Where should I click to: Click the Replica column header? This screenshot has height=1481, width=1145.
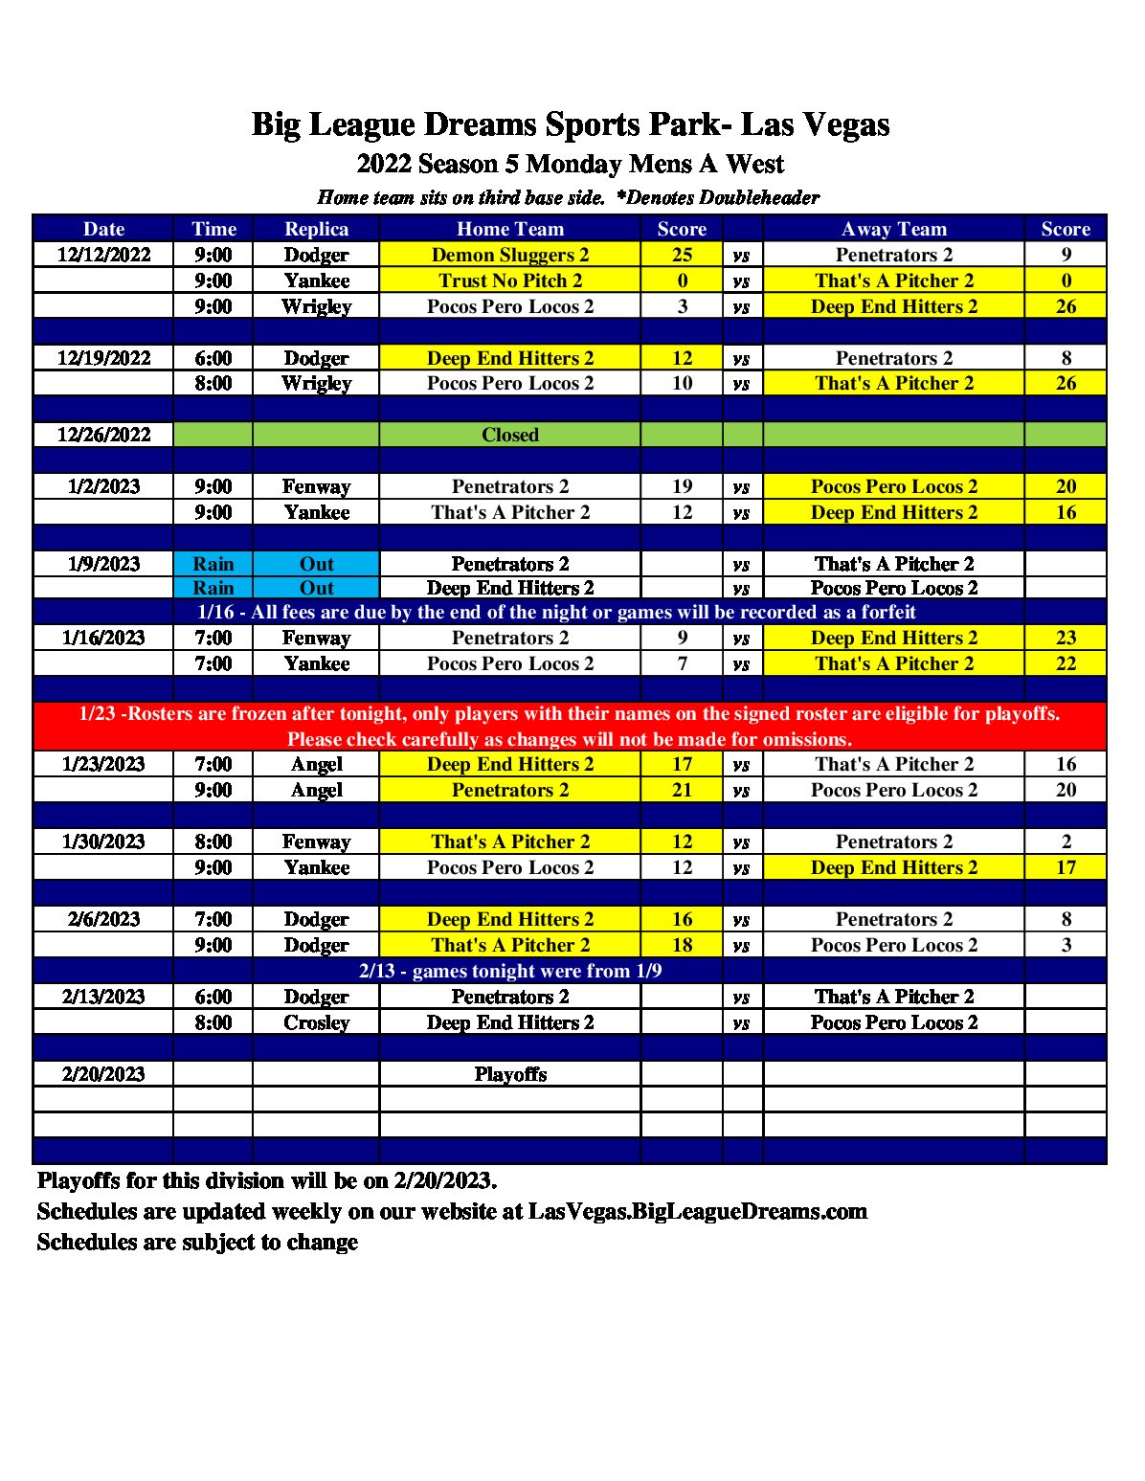pos(316,229)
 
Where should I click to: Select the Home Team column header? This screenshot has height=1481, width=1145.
pos(509,229)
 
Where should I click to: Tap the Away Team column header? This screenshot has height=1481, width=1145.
pos(893,229)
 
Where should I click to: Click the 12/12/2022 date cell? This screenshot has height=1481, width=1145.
pos(103,255)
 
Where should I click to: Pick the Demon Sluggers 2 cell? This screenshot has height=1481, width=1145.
pos(509,255)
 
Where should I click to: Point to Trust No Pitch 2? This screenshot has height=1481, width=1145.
pos(509,280)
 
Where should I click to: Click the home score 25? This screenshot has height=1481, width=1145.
pos(682,255)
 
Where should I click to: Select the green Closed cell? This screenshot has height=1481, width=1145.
pos(509,435)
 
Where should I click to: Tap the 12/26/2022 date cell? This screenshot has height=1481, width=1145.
pos(103,435)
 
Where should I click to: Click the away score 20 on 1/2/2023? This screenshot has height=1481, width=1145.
pos(1066,486)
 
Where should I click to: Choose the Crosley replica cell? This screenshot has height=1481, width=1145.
pos(316,1022)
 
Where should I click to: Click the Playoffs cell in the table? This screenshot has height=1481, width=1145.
pos(509,1074)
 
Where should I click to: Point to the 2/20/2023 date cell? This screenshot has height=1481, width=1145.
pos(103,1074)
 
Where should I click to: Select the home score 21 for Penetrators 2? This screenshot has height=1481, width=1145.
pos(682,790)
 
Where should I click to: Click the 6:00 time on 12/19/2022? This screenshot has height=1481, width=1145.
pos(213,358)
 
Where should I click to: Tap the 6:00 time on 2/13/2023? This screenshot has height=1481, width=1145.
pos(213,997)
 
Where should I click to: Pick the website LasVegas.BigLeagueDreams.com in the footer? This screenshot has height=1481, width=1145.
pos(697,1211)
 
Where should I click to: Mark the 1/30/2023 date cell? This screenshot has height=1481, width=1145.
pos(103,841)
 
